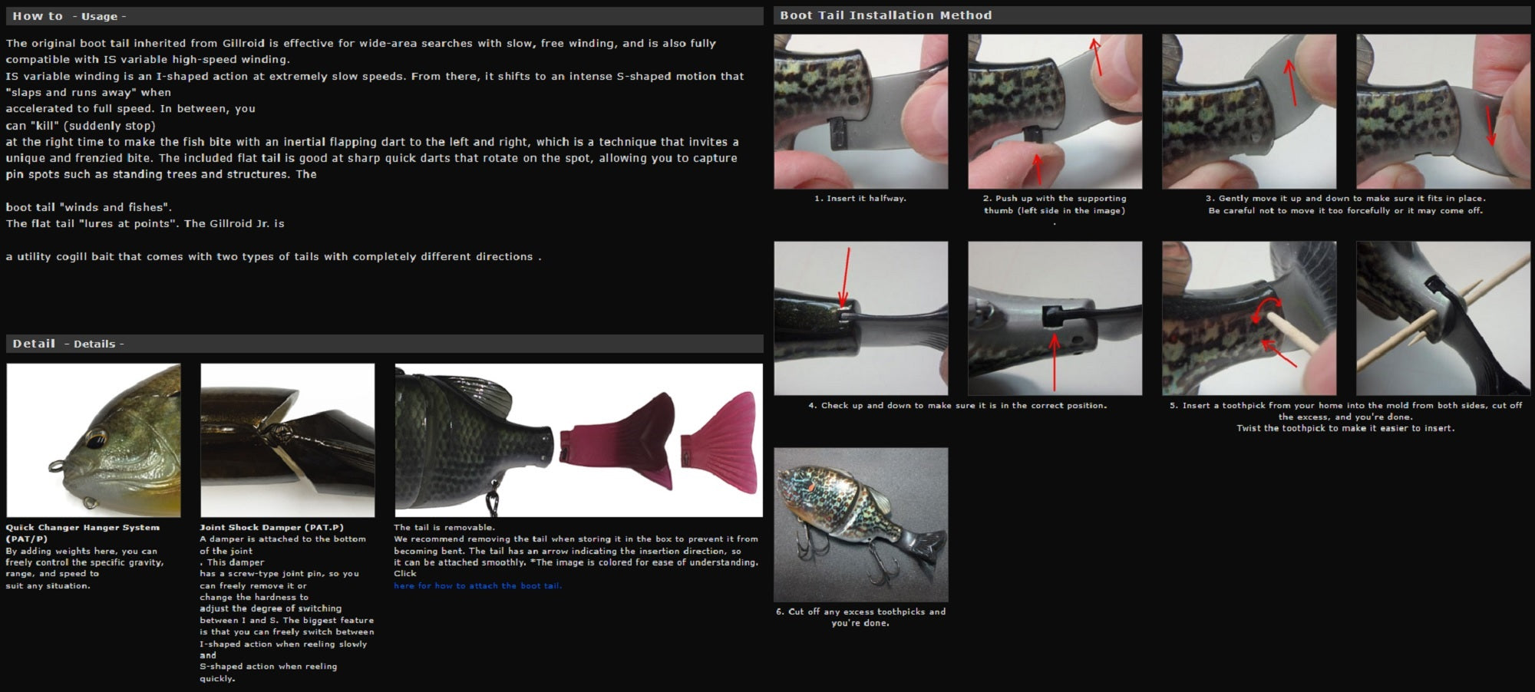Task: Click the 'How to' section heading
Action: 38,16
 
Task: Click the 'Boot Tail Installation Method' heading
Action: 886,15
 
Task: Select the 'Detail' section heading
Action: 34,344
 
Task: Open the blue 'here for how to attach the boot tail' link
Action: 477,585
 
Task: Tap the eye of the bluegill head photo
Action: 95,440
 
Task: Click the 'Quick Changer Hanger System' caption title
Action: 83,527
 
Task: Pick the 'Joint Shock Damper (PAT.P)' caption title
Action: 272,527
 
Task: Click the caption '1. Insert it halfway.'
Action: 860,198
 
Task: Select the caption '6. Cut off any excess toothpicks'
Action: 860,611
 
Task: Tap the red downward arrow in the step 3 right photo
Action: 1490,125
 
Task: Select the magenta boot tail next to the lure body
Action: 616,441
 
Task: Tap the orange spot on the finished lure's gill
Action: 805,486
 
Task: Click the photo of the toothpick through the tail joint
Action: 1443,318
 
